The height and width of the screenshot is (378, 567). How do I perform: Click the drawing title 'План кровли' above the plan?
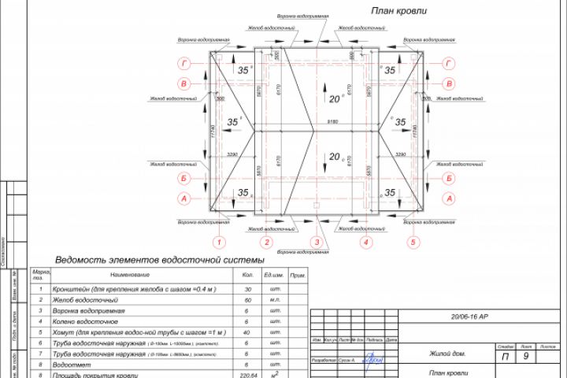tap(399, 11)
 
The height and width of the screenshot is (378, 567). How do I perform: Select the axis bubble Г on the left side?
tap(183, 64)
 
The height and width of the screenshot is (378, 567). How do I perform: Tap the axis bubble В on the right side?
tap(449, 83)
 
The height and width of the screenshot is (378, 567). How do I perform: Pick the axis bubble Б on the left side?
tap(183, 178)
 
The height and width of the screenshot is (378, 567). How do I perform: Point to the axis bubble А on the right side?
tap(449, 199)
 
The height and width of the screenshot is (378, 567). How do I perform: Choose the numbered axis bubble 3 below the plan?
tap(317, 243)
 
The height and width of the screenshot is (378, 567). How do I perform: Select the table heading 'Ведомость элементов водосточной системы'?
tap(159, 260)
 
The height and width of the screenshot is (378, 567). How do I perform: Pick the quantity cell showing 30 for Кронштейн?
tap(248, 290)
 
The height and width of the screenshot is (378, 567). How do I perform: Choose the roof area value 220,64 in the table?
tap(248, 376)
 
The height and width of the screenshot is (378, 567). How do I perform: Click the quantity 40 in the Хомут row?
tap(248, 333)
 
